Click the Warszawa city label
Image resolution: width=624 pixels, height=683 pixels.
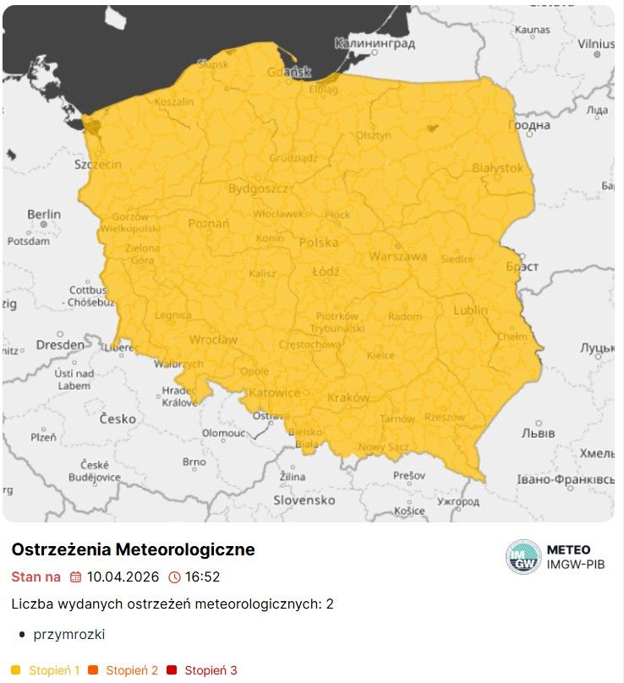click(x=397, y=255)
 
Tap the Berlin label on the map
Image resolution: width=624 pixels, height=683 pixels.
click(x=44, y=215)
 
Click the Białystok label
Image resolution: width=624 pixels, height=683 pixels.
click(x=498, y=168)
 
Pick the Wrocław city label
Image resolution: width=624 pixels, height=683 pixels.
click(x=213, y=340)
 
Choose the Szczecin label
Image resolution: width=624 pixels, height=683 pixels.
click(x=98, y=164)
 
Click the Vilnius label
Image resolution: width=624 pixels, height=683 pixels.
click(x=596, y=43)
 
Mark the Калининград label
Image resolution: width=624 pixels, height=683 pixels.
click(x=375, y=43)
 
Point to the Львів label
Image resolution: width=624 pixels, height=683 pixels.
click(x=538, y=433)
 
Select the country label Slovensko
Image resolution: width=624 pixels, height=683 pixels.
click(x=304, y=500)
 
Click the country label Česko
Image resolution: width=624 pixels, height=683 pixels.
click(x=118, y=418)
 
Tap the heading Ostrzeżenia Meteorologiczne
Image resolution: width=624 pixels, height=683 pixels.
click(x=133, y=550)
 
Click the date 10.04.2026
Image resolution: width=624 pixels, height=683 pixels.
click(x=123, y=577)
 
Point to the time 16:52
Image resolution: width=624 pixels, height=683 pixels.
click(x=203, y=577)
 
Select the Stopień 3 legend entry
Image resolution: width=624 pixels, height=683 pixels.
click(x=211, y=670)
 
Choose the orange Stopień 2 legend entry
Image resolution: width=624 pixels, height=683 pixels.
click(x=132, y=670)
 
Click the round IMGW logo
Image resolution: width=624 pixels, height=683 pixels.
click(x=523, y=557)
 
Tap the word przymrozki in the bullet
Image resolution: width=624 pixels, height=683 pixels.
click(x=69, y=634)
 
